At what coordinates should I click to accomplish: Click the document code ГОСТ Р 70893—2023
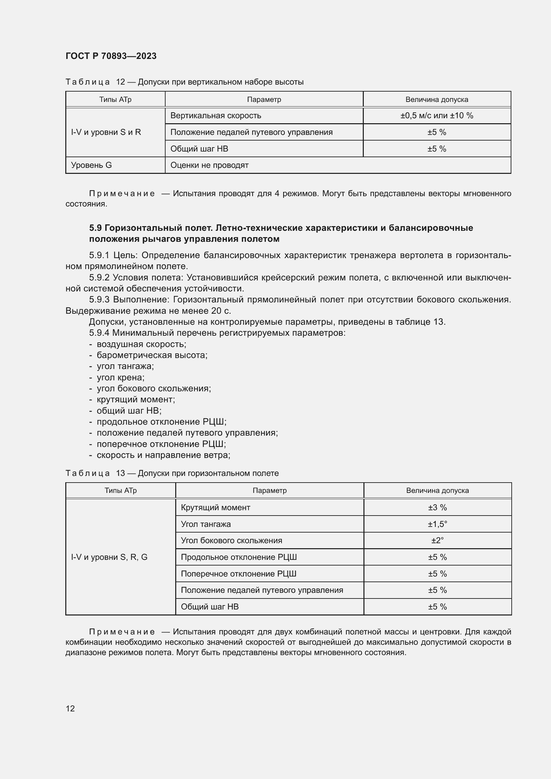(x=111, y=56)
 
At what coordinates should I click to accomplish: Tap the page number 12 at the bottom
(x=70, y=708)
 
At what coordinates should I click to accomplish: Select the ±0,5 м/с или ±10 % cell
(x=437, y=116)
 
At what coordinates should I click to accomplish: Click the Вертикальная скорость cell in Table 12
(x=216, y=116)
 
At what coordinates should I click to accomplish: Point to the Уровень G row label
(x=91, y=165)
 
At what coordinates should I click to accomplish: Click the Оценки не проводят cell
(x=209, y=165)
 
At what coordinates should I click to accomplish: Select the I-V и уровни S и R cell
(x=106, y=132)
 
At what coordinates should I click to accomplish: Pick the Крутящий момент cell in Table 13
(x=216, y=508)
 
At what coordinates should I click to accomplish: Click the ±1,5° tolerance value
(x=437, y=524)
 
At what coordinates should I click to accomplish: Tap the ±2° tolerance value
(x=437, y=541)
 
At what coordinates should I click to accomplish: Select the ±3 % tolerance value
(x=437, y=508)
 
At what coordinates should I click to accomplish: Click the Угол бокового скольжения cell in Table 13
(x=232, y=541)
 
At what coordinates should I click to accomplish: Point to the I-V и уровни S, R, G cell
(x=109, y=557)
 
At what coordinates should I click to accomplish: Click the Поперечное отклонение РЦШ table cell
(x=239, y=574)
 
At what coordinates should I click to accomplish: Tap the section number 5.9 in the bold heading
(x=95, y=228)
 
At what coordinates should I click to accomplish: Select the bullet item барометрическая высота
(x=152, y=355)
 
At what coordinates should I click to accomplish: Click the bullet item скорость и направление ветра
(x=163, y=455)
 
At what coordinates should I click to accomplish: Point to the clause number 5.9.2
(x=99, y=277)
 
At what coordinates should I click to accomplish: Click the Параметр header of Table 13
(x=270, y=491)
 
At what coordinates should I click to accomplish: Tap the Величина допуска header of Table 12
(x=437, y=100)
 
